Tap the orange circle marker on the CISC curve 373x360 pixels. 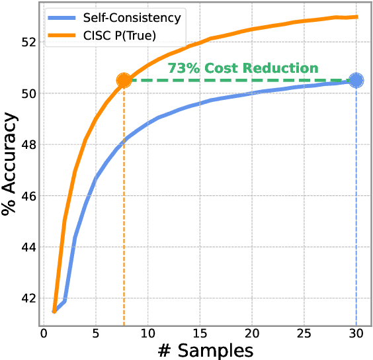tap(124, 81)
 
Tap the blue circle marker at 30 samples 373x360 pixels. tap(356, 80)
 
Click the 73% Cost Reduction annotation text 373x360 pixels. tap(243, 68)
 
